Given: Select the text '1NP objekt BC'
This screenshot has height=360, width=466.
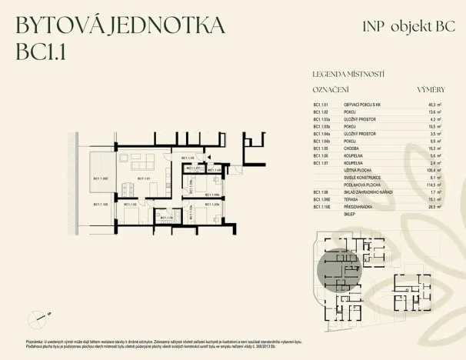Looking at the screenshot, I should [x=404, y=25].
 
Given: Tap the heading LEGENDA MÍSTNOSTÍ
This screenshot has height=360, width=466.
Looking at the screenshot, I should [x=348, y=75].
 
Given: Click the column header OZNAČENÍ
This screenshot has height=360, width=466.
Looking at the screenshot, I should [x=331, y=89].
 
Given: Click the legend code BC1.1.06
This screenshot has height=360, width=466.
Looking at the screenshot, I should [x=321, y=155].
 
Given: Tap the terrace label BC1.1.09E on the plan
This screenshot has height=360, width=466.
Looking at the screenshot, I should [x=101, y=178].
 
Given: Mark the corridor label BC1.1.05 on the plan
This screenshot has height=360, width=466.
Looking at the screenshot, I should [x=188, y=158].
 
